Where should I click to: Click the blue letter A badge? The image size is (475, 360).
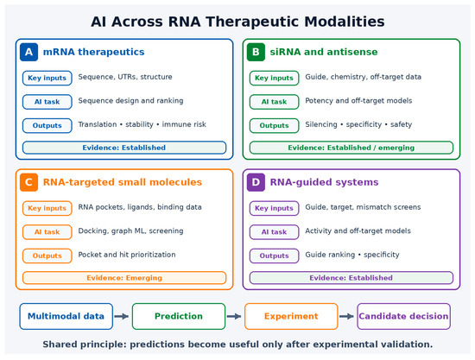click(28, 52)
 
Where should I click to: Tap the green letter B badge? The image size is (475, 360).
click(256, 52)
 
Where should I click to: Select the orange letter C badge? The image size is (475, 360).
click(28, 182)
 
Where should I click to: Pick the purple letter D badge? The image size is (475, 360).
click(256, 182)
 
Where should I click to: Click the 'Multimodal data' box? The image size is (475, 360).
click(66, 316)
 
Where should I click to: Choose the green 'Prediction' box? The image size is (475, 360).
click(179, 316)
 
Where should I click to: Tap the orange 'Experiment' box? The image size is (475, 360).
click(291, 316)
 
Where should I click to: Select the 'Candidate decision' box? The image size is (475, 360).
click(404, 316)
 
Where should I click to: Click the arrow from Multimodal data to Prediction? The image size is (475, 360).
click(122, 316)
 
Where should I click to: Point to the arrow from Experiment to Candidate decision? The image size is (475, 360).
click(347, 316)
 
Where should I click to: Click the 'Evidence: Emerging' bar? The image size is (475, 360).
click(124, 278)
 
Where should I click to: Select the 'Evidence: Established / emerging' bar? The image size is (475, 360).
click(351, 148)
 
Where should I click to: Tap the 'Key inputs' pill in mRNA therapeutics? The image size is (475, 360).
click(47, 78)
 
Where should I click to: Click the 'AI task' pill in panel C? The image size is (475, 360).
click(47, 232)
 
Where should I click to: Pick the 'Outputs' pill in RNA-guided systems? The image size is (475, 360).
click(274, 256)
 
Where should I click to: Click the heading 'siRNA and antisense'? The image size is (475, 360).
click(324, 52)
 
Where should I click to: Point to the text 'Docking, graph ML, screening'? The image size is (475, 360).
click(131, 231)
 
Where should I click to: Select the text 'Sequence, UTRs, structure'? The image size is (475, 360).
click(125, 77)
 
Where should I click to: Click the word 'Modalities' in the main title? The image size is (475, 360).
click(345, 22)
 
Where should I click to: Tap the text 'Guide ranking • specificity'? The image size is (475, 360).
click(352, 255)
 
